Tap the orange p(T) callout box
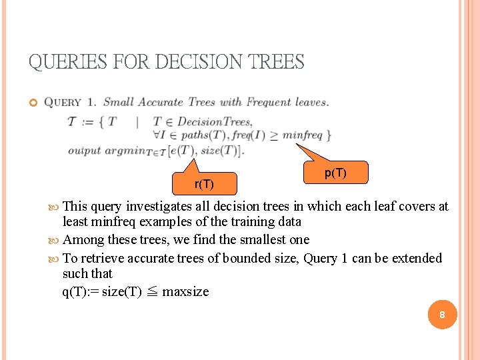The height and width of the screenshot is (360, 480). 335,173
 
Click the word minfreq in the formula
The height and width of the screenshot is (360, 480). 302,135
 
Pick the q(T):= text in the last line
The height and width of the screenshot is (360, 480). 80,291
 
